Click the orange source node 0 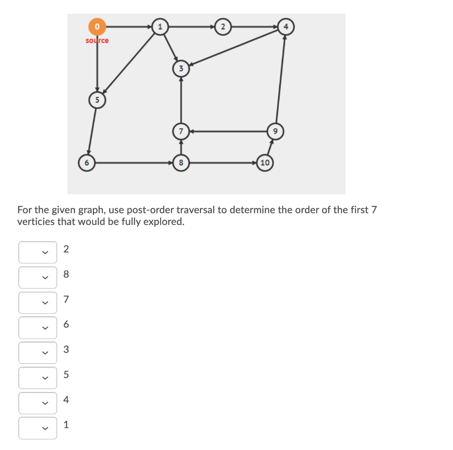tap(97, 27)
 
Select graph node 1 tap(160, 27)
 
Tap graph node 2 tap(223, 27)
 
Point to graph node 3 tap(180, 69)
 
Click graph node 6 tap(86, 163)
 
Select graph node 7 tap(180, 131)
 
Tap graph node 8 tap(180, 163)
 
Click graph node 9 tap(275, 131)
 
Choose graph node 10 tap(265, 163)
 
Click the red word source tap(97, 41)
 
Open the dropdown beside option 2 tap(38, 252)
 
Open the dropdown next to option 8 tap(38, 278)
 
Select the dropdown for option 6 tap(38, 328)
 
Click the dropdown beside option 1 tap(38, 428)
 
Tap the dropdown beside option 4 tap(38, 403)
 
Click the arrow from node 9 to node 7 tap(228, 131)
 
